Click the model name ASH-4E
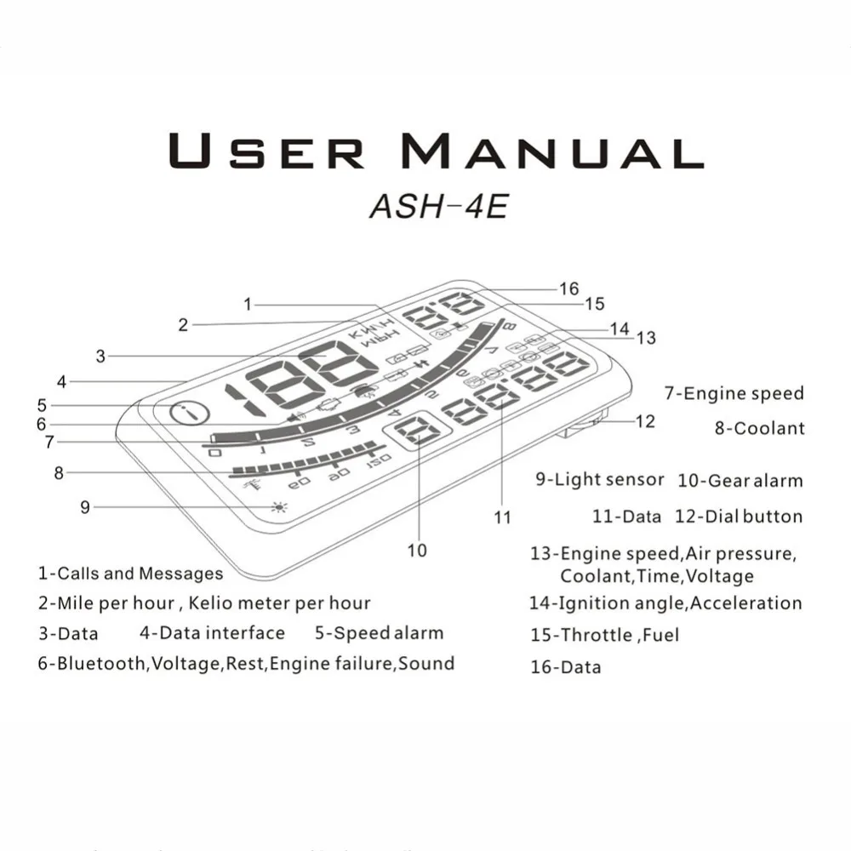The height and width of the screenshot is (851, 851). [438, 207]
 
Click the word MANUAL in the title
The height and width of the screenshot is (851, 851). [552, 151]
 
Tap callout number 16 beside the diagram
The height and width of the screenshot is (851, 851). [568, 289]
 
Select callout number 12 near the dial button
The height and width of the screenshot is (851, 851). [646, 421]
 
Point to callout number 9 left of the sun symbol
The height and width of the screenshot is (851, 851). [85, 507]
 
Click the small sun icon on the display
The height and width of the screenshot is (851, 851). [277, 507]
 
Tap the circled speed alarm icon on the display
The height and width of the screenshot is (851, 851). [187, 415]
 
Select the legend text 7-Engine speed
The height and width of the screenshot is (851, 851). [734, 393]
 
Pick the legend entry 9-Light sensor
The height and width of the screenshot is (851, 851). [599, 479]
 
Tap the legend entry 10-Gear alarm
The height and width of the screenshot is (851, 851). [740, 481]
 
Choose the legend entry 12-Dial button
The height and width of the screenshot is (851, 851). [738, 517]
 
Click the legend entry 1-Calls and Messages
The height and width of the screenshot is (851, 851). [130, 574]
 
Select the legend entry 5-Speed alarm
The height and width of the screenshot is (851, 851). [379, 633]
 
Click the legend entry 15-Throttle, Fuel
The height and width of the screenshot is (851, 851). [604, 635]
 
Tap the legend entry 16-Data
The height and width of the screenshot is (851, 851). [565, 667]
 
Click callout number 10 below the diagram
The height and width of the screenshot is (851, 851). [417, 551]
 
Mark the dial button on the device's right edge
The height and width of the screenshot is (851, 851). [587, 424]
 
